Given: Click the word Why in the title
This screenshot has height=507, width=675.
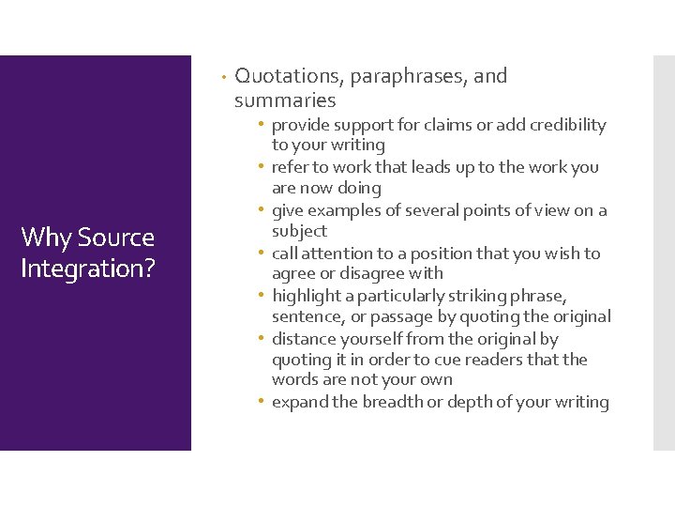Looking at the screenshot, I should tap(44, 238).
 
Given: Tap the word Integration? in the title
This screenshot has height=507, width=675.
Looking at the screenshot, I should tap(87, 269).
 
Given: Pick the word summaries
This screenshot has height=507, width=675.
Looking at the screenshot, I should tap(285, 100).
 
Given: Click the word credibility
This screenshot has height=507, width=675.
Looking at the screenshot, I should tap(563, 125).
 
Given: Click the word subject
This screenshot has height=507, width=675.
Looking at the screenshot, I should tap(299, 231).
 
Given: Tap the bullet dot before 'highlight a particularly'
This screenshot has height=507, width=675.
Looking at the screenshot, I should tap(262, 296).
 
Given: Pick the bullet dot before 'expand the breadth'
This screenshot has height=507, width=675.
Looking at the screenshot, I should tap(262, 402).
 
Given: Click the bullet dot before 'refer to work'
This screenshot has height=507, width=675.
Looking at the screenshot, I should tap(262, 167).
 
